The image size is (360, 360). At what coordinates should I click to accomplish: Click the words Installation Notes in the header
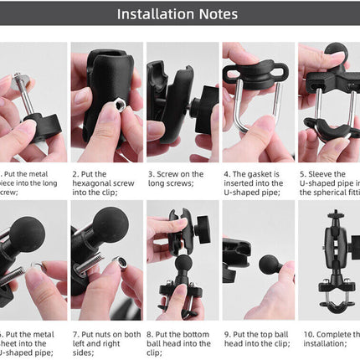(x=177, y=14)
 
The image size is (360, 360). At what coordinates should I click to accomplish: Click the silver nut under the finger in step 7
(x=123, y=265)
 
